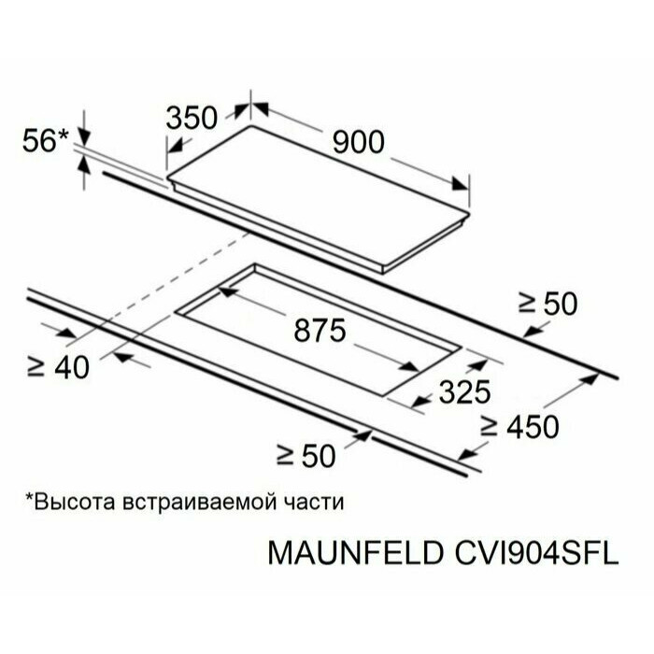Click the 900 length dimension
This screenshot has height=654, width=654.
[357, 142]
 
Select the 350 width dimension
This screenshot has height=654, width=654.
[192, 118]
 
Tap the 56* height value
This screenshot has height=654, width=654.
[45, 140]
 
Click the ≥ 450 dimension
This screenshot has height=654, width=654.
[519, 426]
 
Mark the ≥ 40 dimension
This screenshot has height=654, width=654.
[58, 367]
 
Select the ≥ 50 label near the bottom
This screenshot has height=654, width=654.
[306, 456]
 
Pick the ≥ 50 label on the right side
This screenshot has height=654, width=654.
[548, 304]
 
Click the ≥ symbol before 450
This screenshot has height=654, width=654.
[489, 426]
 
